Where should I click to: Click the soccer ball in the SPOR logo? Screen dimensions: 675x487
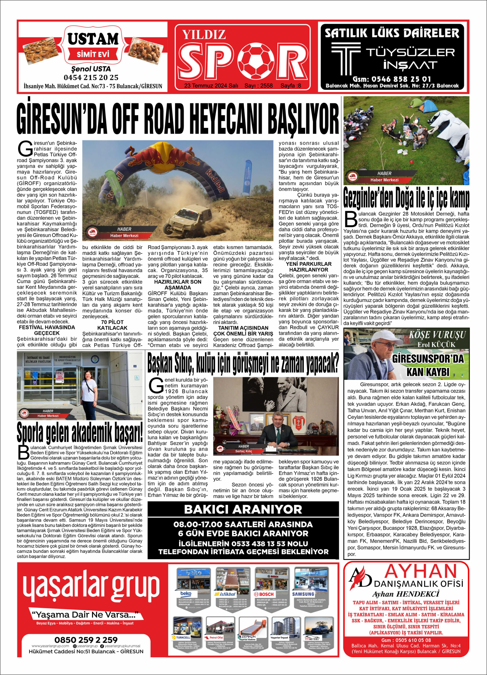point(256,61)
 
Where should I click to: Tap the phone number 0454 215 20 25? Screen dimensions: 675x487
point(91,77)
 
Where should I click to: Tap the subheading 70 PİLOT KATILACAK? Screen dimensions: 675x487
point(112,325)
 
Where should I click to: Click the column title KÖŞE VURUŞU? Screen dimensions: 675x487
point(437,335)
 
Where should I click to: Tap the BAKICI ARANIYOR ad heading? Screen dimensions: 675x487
point(243,509)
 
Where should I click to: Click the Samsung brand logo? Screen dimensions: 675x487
point(303,594)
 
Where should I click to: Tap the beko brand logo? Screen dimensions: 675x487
point(186,594)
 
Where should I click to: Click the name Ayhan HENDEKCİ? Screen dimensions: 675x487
point(405,594)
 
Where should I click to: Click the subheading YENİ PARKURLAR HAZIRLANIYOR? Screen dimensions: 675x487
point(308,267)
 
